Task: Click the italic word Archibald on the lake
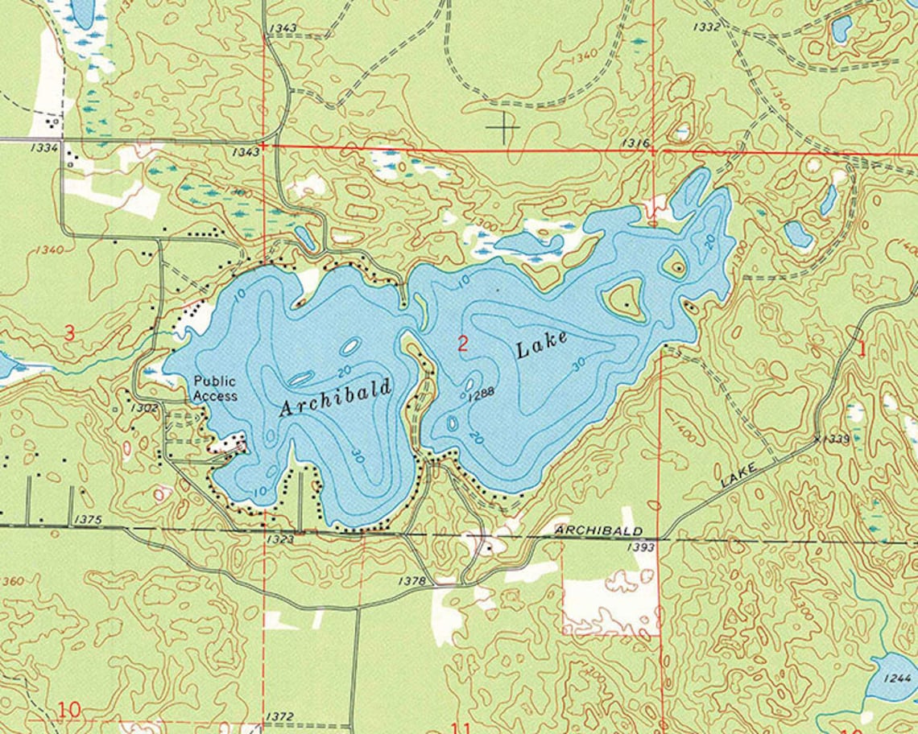point(335,398)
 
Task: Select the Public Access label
point(215,390)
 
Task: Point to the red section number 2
point(462,344)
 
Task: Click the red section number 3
point(70,332)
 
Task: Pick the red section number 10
point(69,710)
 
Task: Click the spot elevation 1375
point(87,520)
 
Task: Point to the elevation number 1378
point(411,580)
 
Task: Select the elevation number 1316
point(636,142)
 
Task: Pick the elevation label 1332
point(706,27)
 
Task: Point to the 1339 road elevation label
point(834,439)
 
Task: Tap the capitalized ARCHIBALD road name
point(599,530)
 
